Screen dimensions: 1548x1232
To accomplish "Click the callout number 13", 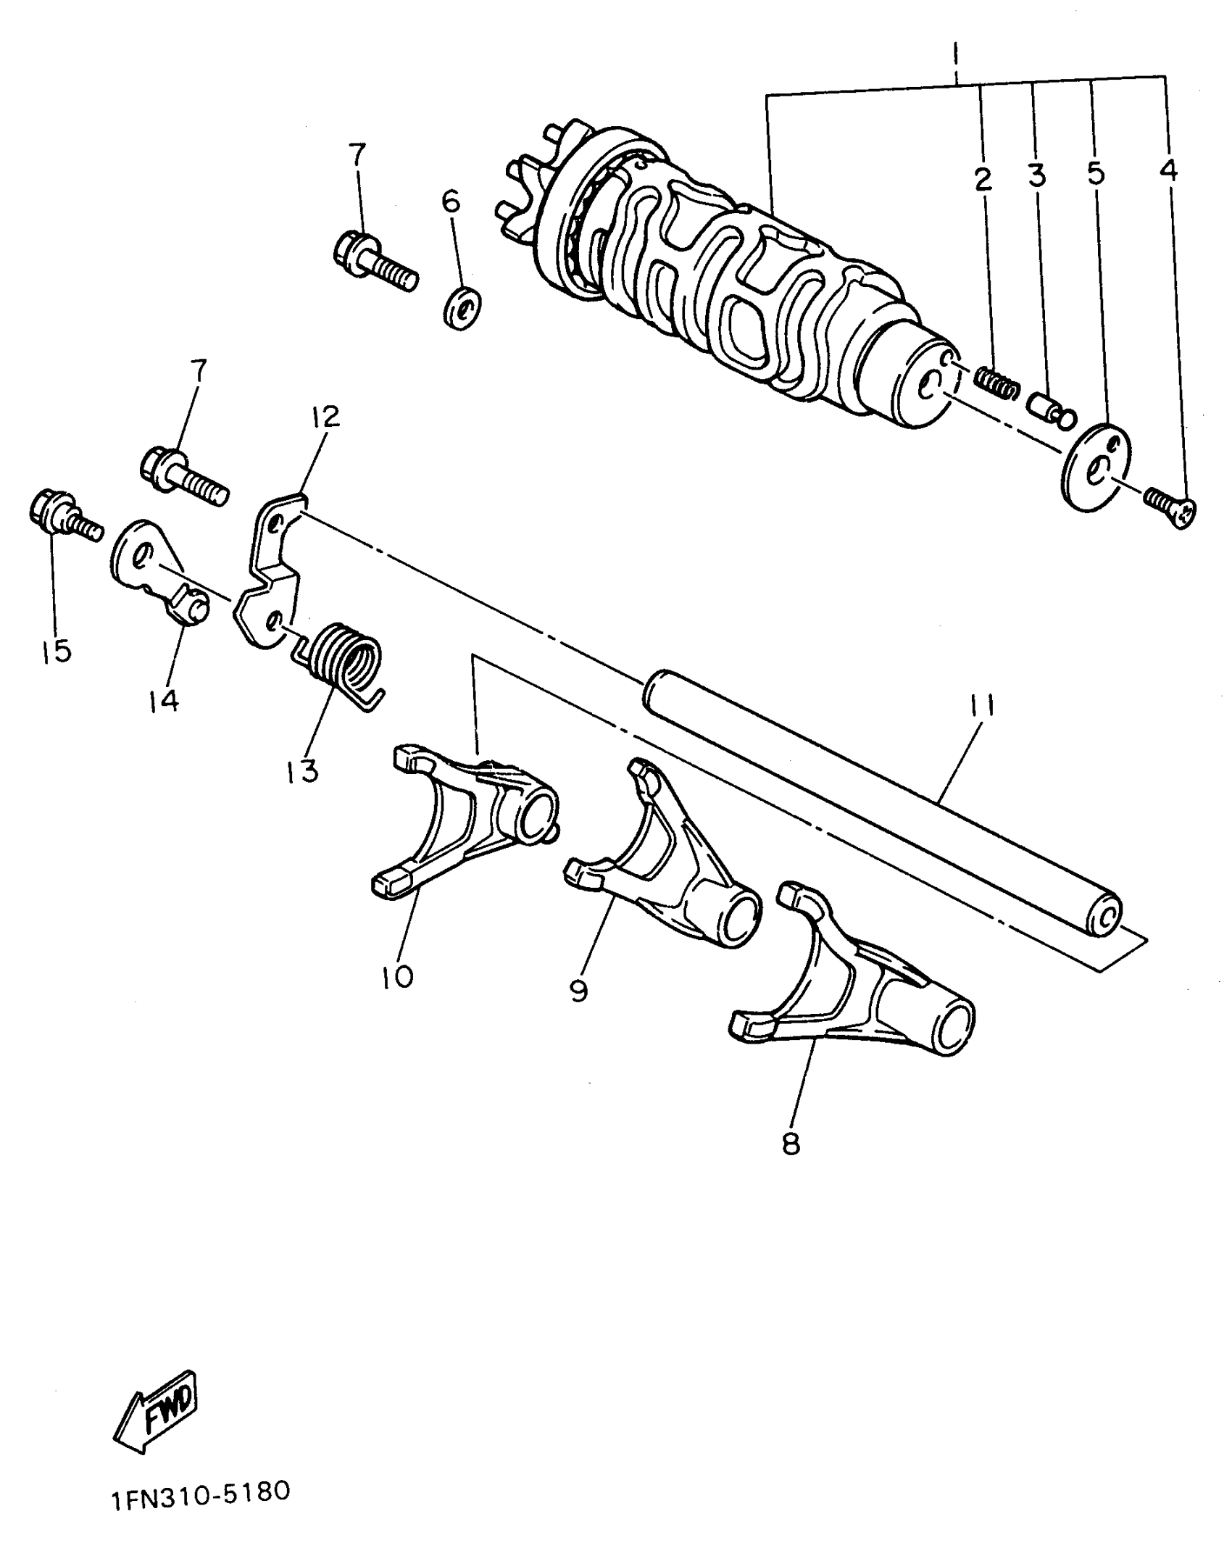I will (301, 770).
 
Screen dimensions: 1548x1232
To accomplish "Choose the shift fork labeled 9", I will (667, 862).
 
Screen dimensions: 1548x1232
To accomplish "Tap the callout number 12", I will (326, 417).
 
